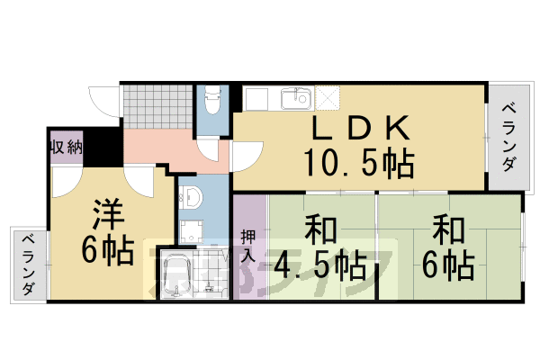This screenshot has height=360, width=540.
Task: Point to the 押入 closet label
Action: click(249, 245)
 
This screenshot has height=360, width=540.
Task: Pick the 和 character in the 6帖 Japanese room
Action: click(447, 231)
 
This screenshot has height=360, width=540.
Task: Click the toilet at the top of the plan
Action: click(212, 102)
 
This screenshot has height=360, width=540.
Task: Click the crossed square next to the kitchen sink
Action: click(327, 96)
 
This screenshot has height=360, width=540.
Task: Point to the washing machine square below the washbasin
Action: click(191, 230)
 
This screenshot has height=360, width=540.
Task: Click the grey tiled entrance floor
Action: click(157, 106)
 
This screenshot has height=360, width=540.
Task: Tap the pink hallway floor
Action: click(157, 147)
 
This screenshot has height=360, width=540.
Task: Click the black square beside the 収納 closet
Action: click(94, 146)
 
